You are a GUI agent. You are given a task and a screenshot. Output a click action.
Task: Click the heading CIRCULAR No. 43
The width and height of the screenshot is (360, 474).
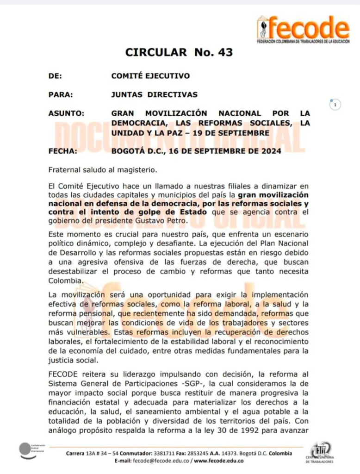(179, 52)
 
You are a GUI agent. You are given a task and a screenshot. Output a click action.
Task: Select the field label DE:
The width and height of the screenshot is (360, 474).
(55, 76)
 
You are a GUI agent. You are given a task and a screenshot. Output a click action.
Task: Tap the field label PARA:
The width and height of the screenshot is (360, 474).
(60, 94)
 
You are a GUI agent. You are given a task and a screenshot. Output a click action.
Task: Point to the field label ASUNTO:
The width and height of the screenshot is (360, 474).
(66, 113)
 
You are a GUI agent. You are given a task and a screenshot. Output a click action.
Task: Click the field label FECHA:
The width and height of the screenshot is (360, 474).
(63, 150)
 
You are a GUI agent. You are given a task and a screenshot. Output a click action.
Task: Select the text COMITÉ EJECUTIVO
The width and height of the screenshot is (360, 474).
(150, 76)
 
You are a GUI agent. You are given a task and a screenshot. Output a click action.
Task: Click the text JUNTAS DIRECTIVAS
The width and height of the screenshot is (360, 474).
(154, 94)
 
